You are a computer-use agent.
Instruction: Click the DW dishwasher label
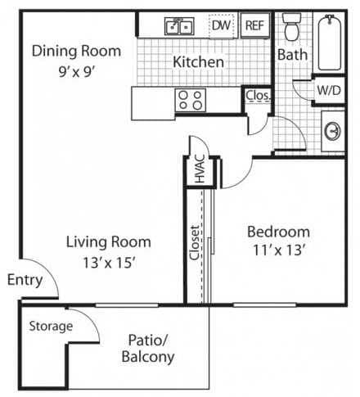220,26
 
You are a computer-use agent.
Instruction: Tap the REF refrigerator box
254,26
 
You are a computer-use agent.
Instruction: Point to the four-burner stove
191,101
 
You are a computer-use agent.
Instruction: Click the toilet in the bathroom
291,29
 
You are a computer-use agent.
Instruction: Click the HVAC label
199,172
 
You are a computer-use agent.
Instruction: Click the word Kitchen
198,61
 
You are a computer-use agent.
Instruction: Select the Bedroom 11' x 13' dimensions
278,251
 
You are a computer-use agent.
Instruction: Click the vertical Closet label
195,243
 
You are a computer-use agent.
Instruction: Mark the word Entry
25,280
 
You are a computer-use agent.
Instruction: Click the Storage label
51,326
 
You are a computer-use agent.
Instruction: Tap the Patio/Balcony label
147,349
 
